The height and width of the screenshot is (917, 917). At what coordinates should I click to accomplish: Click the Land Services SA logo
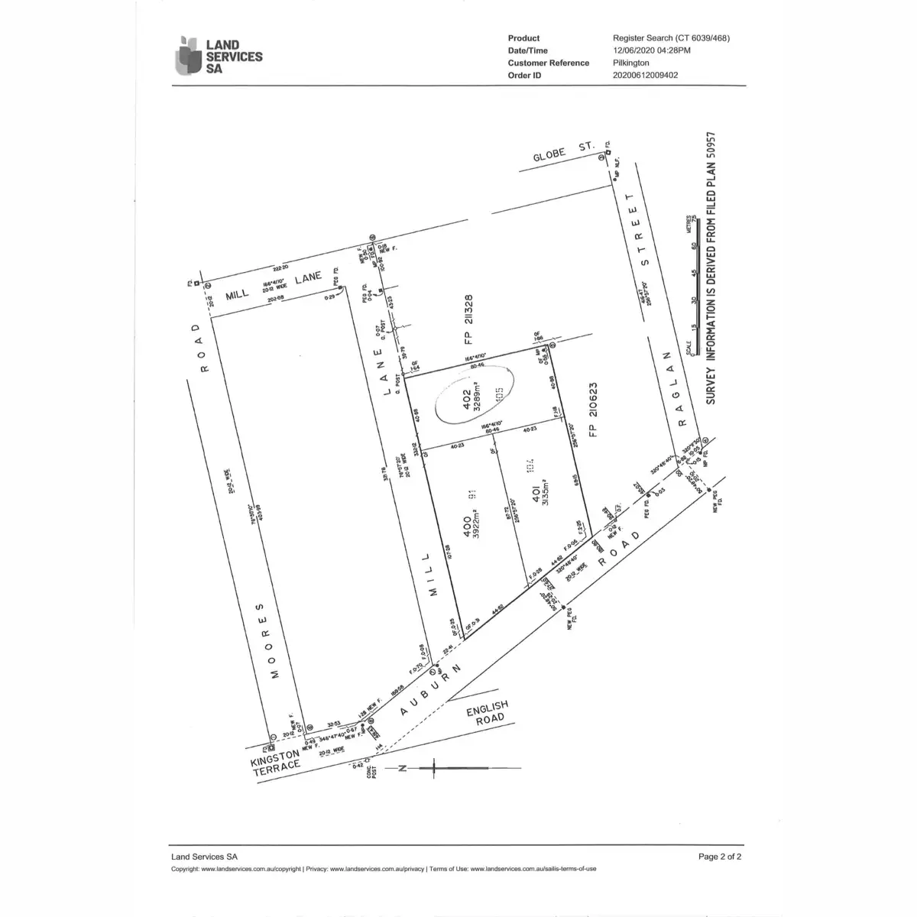[219, 55]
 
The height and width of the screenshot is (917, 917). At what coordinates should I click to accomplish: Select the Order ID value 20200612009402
[645, 75]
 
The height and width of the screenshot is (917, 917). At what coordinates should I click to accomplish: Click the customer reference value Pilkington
[631, 63]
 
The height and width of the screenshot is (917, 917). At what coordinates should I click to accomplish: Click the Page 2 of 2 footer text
[720, 857]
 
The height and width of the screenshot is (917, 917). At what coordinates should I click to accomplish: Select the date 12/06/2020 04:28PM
[652, 50]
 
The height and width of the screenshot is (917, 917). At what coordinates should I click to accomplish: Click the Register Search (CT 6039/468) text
[671, 38]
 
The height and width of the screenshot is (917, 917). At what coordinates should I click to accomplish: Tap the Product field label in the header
[523, 38]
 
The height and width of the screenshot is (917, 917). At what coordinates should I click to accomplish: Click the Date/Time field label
[527, 50]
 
